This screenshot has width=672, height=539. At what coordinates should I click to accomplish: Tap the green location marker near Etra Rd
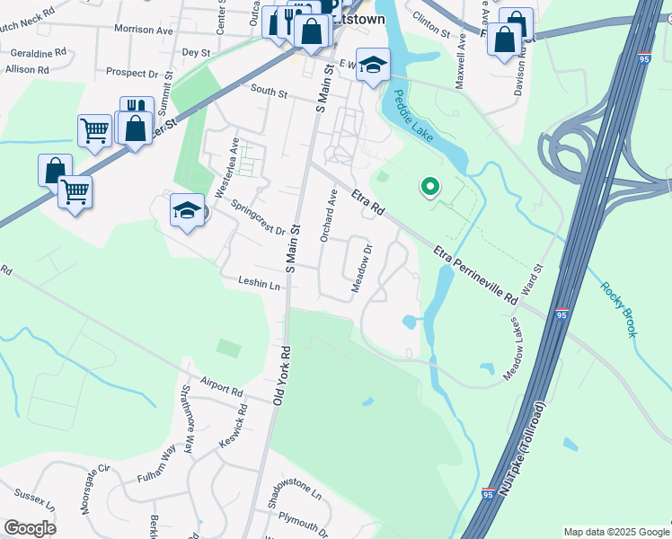pos(429,187)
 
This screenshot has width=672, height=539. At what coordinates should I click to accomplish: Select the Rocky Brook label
pos(619,309)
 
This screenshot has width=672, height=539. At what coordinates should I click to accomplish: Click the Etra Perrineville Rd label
pos(476,275)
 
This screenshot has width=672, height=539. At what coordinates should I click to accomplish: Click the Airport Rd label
pos(222,387)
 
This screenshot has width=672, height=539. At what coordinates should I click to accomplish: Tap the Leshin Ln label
pos(260,284)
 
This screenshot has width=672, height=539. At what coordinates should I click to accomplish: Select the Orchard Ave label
pos(329,216)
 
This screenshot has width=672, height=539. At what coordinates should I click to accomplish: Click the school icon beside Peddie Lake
pos(373,66)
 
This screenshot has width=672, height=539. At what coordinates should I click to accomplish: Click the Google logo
pos(30,528)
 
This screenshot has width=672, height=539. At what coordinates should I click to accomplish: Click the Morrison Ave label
pos(144,31)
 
